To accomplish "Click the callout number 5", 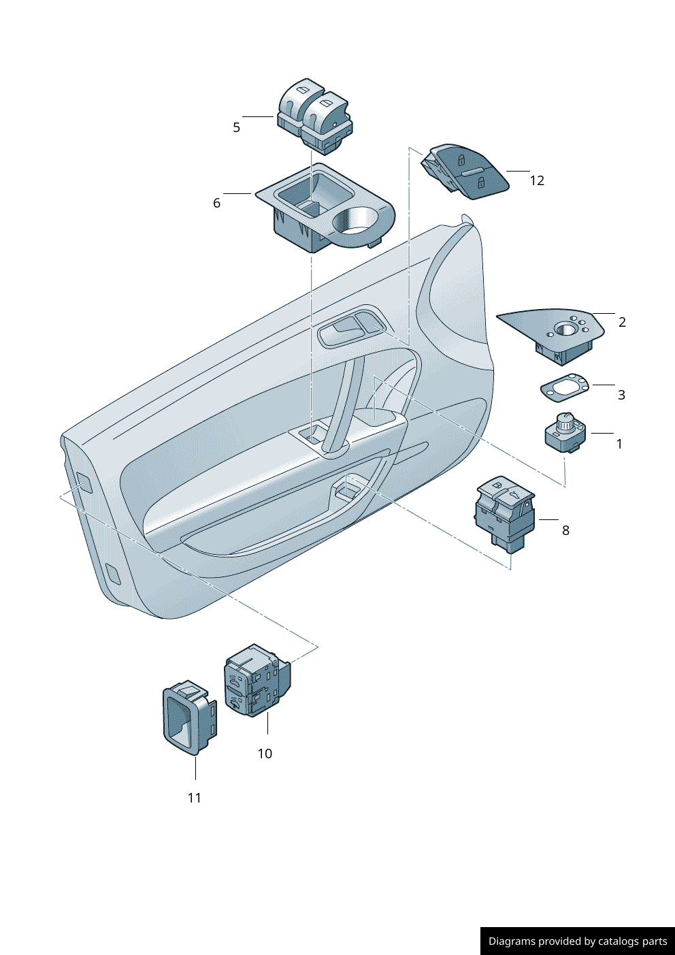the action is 237,127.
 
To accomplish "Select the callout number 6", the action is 217,203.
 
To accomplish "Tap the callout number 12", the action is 537,181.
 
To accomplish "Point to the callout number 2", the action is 622,323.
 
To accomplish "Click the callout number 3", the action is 622,395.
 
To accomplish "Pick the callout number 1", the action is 620,444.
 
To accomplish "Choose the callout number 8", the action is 565,530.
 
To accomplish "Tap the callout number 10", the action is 265,754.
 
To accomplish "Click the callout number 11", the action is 195,798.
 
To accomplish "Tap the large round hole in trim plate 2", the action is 565,329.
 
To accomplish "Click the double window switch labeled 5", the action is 315,116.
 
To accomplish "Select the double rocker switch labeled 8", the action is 505,515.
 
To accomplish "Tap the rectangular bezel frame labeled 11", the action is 190,717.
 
